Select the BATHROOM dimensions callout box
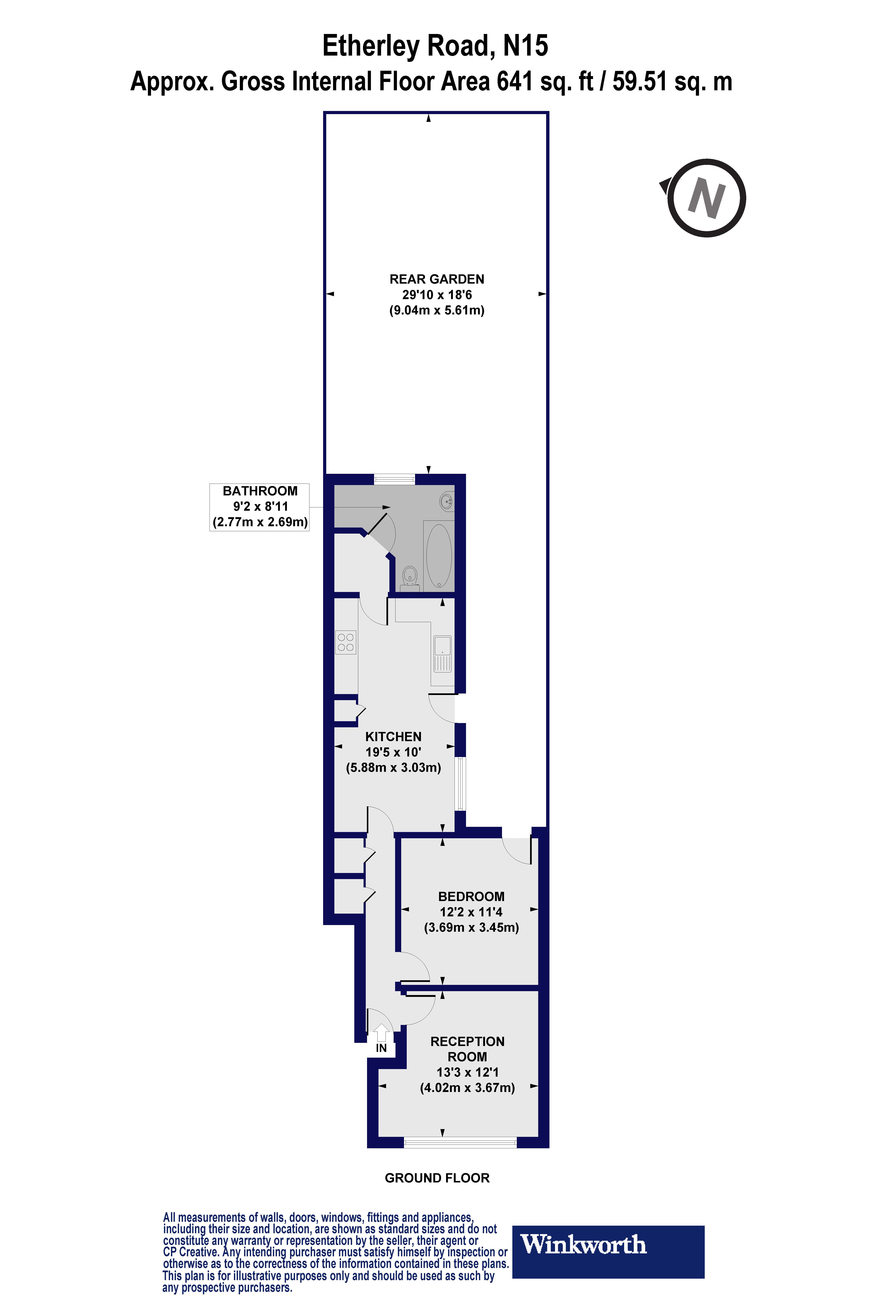point(259,507)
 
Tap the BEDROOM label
point(471,896)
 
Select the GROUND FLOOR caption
point(437,1178)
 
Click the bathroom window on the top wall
point(394,478)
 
